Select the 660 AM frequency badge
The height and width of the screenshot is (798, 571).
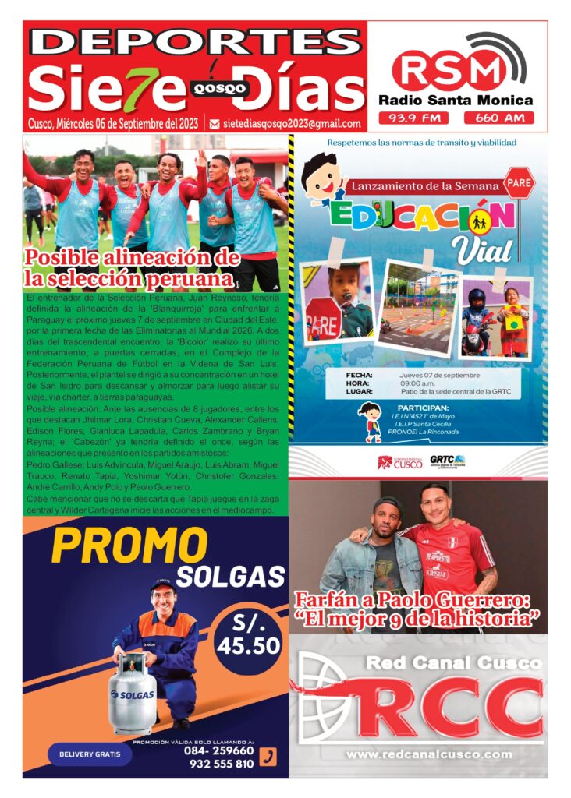(498, 118)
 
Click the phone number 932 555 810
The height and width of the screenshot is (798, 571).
(222, 764)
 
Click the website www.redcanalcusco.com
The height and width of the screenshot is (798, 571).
(429, 754)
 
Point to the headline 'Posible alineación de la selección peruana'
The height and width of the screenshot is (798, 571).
(130, 268)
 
